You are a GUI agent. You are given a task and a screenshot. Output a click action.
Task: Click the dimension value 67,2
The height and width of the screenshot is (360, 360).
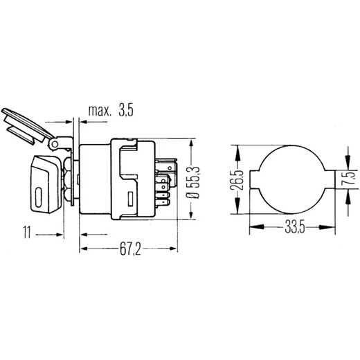click(130, 249)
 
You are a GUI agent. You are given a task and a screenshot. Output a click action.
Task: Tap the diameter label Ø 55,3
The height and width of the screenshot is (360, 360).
click(194, 183)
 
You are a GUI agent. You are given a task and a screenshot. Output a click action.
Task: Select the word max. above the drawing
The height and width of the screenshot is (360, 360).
click(100, 111)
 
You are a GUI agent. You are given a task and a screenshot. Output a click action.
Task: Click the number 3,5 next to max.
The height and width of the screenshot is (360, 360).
click(126, 110)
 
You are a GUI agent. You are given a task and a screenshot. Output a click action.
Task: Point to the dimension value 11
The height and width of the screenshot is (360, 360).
click(27, 232)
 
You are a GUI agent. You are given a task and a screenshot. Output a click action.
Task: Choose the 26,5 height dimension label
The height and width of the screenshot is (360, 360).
click(237, 180)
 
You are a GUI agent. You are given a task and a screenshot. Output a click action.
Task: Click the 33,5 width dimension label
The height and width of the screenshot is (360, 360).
click(295, 227)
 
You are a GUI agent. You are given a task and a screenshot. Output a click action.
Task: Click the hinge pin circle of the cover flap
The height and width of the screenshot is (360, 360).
click(55, 145)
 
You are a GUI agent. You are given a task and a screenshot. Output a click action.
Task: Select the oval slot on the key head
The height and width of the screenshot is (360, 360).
click(39, 197)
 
